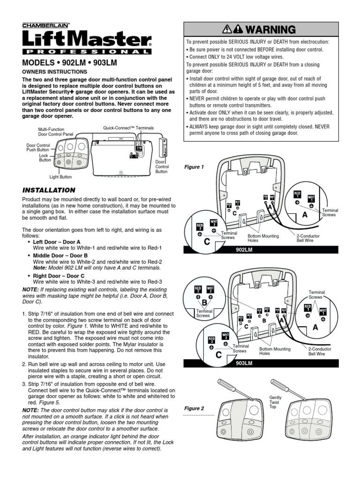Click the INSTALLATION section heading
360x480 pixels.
click(x=49, y=190)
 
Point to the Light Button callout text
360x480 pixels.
click(x=61, y=177)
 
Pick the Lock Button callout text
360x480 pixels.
click(x=45, y=157)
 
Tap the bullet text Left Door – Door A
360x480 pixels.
click(x=57, y=241)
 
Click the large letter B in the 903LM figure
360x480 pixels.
click(x=204, y=303)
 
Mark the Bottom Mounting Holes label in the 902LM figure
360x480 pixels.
click(x=263, y=239)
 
